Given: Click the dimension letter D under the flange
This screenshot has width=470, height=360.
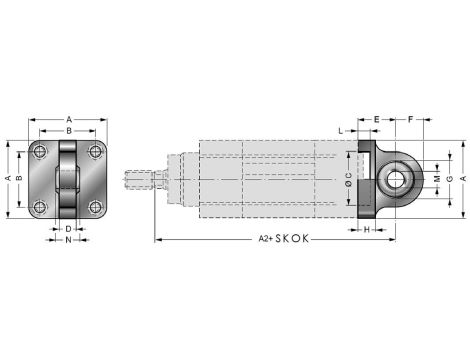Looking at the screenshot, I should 68,229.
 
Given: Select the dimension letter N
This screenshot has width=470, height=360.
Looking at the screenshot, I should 68,241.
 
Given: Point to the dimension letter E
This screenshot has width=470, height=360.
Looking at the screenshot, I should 376,119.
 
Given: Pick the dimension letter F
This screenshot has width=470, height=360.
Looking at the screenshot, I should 411,119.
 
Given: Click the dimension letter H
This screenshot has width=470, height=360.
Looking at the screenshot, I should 367,229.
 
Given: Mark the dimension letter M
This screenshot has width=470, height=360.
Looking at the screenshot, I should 436,179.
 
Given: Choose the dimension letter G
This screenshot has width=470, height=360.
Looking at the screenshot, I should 449,179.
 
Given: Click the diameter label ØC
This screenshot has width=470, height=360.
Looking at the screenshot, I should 346,180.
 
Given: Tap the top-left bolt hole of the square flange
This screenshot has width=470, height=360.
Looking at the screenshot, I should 40,152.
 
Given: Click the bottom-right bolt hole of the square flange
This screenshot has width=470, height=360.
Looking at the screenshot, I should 96,207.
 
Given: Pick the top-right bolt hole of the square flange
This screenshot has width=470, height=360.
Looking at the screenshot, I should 96,152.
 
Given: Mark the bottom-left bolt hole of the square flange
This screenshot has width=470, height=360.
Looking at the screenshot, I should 40,207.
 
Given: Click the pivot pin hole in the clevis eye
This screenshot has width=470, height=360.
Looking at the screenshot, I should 398,180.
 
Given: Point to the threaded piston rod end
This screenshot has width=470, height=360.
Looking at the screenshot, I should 139,181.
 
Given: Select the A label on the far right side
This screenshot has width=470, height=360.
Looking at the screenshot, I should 462,179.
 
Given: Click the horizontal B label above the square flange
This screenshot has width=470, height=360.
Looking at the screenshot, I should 68,130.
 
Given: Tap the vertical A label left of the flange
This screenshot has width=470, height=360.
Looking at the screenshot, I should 7,179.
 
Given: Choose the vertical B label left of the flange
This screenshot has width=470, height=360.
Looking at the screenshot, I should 19,179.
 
